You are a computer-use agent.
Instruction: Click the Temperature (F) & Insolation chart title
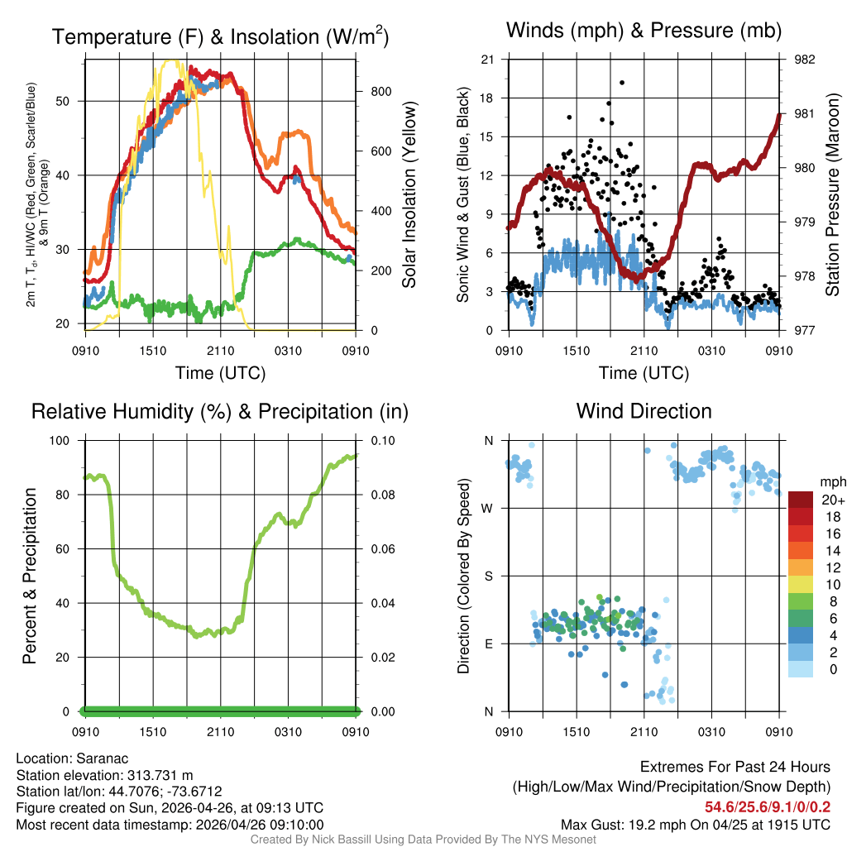[x=221, y=37]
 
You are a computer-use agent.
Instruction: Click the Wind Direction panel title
[x=644, y=411]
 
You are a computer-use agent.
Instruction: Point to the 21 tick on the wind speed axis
[x=488, y=60]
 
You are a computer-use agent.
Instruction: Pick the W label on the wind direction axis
[x=488, y=508]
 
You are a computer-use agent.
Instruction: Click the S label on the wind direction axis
[x=488, y=576]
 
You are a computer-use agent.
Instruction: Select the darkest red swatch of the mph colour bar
[x=801, y=500]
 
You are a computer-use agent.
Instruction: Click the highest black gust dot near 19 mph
[x=621, y=83]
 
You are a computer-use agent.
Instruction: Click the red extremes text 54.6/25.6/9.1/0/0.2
[x=768, y=806]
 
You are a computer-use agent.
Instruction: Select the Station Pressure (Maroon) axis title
[x=832, y=194]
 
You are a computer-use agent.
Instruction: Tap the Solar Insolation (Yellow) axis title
[x=409, y=194]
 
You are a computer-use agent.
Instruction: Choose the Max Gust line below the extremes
[x=696, y=824]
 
